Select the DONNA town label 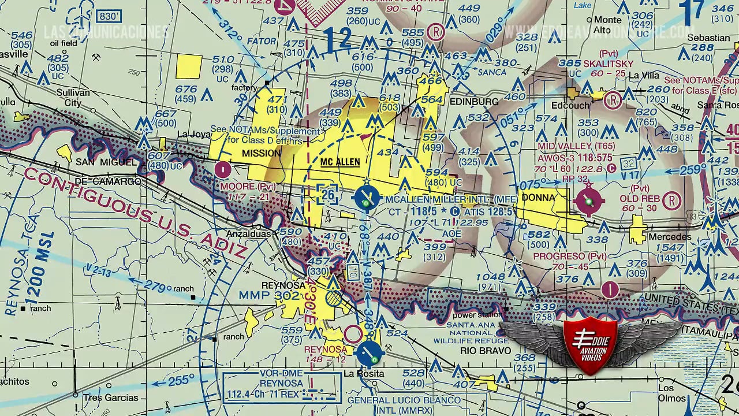point(538,198)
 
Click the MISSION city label point(262,153)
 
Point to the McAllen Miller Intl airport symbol point(366,198)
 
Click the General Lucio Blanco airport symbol point(369,354)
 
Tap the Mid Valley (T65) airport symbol point(589,202)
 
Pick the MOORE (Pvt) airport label point(241,187)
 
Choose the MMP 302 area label point(270,296)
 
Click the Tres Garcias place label point(110,398)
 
